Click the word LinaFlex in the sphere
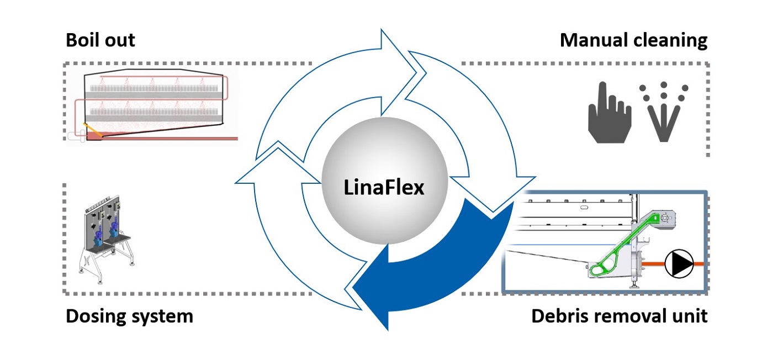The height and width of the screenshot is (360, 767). (x=384, y=188)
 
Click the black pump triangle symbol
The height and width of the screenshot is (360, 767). (x=679, y=264)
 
